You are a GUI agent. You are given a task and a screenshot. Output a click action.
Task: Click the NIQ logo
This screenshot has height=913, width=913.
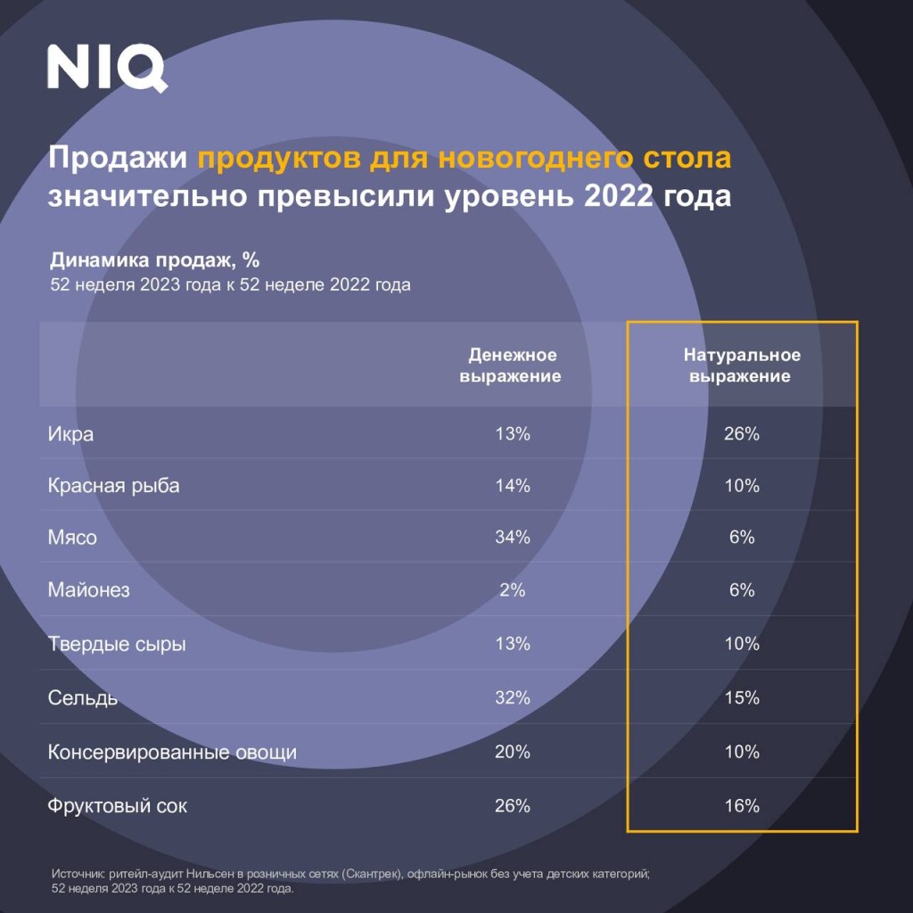coord(107,68)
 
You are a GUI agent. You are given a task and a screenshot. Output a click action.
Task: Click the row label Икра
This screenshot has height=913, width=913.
coord(70,435)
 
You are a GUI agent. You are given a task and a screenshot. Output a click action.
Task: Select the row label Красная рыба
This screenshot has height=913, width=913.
coord(113,486)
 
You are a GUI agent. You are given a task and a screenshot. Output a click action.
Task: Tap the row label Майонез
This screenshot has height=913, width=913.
coord(88,590)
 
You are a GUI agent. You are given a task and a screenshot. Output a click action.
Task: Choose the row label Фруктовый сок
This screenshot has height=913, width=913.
coord(118,807)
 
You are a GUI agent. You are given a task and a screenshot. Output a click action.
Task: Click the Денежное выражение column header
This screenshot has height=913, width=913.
coord(511,366)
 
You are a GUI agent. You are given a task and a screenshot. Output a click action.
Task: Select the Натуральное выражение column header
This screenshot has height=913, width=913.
coord(742,366)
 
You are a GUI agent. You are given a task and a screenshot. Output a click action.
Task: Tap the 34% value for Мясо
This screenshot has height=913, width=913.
coord(513,538)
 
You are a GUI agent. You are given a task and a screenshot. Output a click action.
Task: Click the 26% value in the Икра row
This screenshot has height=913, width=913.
coord(742,434)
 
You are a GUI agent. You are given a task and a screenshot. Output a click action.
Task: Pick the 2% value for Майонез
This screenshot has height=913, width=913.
coord(513,590)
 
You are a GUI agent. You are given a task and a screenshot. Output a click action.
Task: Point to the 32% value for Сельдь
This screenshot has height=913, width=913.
coord(513,698)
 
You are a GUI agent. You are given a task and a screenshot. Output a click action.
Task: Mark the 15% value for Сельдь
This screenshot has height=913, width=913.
coord(742,698)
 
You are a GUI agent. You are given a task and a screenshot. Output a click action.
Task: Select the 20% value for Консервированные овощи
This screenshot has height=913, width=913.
coord(513,753)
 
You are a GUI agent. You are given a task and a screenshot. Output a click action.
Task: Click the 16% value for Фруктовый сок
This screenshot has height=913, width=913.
coord(742,807)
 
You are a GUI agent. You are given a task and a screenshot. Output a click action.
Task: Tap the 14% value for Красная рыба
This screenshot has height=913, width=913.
coord(513,486)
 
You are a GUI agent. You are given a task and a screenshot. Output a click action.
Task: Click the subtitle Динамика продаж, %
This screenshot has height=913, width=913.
coord(154,260)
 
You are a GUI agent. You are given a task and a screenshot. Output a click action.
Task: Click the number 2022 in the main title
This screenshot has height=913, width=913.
coord(619,195)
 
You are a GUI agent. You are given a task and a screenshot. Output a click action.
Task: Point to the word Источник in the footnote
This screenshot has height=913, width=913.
coord(78,876)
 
